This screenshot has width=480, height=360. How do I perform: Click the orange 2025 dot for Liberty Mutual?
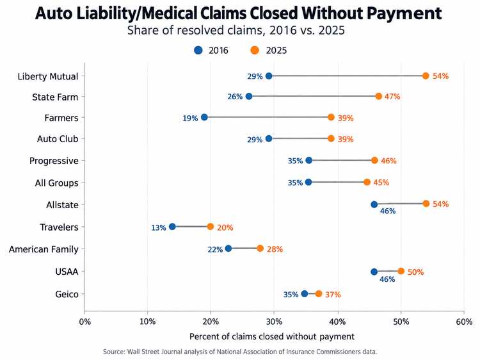point(426,76)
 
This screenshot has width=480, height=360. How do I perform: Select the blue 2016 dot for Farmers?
point(204,117)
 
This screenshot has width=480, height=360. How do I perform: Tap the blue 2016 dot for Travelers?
point(172,227)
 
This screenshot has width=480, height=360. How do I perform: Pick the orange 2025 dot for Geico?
point(319,294)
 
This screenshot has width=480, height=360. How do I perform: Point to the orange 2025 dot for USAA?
point(401,271)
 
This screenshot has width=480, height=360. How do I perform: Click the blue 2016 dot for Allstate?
point(374,204)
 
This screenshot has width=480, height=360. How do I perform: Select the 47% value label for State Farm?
point(392,97)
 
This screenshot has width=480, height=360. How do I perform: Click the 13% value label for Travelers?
point(159,227)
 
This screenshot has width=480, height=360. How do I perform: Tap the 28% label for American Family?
point(275,249)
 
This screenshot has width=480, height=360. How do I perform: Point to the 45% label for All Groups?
point(381,183)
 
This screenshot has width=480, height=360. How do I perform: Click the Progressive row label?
point(54,161)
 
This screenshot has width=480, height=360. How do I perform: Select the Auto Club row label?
point(58,139)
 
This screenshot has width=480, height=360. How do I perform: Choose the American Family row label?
point(44,249)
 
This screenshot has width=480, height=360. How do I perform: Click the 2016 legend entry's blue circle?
point(198,50)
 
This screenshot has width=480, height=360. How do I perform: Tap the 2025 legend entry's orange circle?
point(255,50)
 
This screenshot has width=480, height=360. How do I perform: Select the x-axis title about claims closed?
point(272,336)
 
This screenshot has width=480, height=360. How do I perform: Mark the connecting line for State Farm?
point(314,96)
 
